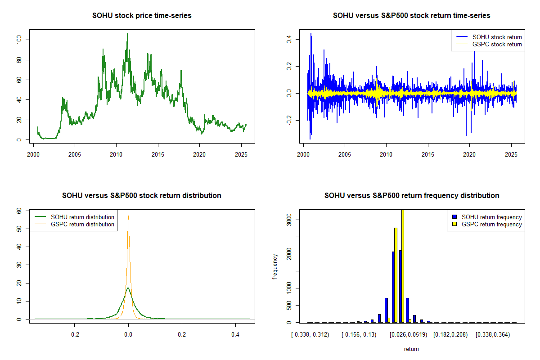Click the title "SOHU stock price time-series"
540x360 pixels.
(x=142, y=16)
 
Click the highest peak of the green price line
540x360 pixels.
(x=127, y=34)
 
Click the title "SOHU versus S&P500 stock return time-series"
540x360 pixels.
(x=411, y=16)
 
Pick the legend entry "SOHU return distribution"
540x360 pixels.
(x=82, y=217)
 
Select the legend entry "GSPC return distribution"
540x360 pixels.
(x=82, y=224)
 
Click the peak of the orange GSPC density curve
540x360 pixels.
(x=128, y=216)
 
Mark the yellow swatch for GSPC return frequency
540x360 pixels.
(x=455, y=224)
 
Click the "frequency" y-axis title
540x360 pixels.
(x=275, y=266)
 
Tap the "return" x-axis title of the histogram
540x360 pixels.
(x=411, y=349)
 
